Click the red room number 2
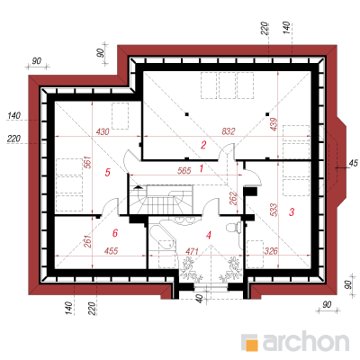[203, 145]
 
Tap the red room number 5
[108, 172]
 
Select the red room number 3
[292, 212]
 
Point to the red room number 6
[115, 233]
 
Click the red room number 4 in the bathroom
[209, 236]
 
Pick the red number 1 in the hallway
[202, 168]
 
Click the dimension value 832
[229, 131]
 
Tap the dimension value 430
[103, 131]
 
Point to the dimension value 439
[274, 124]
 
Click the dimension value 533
[274, 210]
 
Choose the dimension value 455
[112, 251]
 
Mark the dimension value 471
[192, 251]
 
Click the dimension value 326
[271, 251]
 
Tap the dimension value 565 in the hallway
[184, 170]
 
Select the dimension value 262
[233, 198]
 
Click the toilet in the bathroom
[233, 227]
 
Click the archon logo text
[306, 341]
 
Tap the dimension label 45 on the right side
[353, 163]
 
